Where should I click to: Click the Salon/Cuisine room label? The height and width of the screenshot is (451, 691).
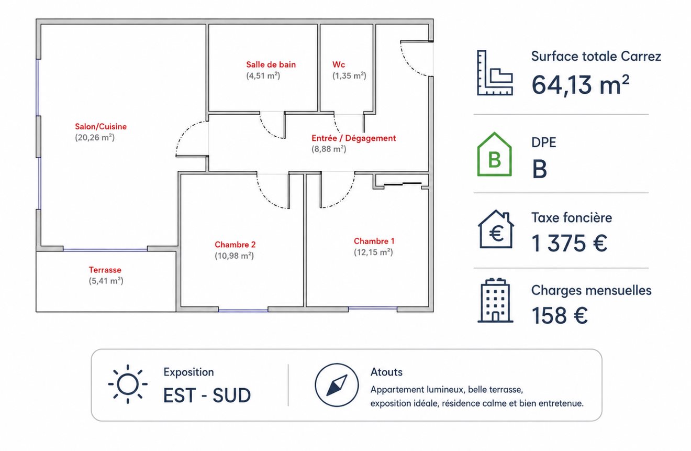coord(101,127)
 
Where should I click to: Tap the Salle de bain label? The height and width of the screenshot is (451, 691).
coord(271,64)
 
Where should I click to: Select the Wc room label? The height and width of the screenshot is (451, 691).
coord(338,64)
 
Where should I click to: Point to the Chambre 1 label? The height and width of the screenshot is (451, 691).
coord(374,241)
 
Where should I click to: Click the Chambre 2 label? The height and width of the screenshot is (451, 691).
coord(235,245)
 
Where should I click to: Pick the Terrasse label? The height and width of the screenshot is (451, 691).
coord(105,270)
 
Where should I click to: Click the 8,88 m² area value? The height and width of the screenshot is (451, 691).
coord(329,149)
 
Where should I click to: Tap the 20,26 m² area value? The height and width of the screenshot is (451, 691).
coord(95,138)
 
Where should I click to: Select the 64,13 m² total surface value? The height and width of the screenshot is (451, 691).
coord(580,85)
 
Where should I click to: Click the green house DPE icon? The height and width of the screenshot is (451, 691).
coord(494,155)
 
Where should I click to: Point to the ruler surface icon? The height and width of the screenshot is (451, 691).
coord(495,73)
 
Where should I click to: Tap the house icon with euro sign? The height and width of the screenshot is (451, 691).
coord(496,229)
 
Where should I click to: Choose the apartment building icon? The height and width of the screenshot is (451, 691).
coord(495,300)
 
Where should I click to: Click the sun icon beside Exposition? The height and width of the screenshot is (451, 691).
coord(128,384)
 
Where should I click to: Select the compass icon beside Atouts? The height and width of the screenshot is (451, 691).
coord(337,385)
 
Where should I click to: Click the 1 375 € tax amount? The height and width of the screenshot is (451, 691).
coord(569,243)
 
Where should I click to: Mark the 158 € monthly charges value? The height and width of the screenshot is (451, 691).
coord(560,315)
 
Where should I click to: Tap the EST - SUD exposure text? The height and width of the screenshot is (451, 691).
coord(207,395)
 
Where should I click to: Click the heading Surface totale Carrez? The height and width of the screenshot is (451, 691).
coord(596,57)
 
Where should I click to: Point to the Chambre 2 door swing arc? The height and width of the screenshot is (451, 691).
coord(268,196)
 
